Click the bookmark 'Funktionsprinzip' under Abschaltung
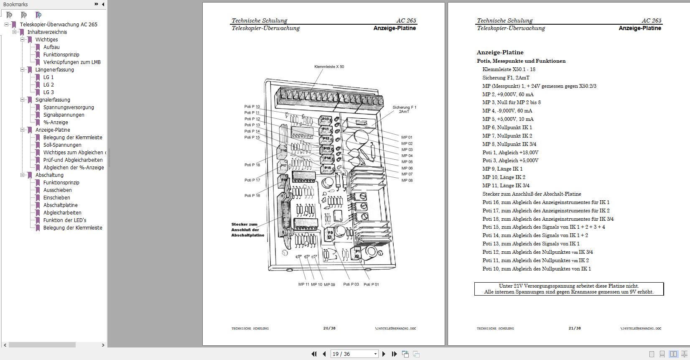click(61, 183)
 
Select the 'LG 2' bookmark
click(48, 85)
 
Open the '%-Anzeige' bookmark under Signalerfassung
click(56, 123)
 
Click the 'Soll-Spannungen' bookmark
click(62, 145)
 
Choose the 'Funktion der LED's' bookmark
click(65, 220)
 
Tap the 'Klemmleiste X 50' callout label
click(329, 67)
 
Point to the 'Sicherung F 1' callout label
click(404, 107)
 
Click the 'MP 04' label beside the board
click(407, 156)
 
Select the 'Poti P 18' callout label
click(252, 165)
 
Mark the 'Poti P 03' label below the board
click(351, 284)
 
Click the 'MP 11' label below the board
click(303, 284)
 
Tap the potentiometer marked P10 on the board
click(325, 120)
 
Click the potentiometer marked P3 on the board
click(330, 233)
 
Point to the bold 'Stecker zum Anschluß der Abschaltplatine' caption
click(248, 230)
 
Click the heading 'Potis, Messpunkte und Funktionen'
click(521, 61)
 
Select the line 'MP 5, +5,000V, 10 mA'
click(508, 119)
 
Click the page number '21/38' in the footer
click(574, 328)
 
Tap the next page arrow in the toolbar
click(384, 354)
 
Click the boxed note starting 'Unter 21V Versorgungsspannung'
click(569, 289)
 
